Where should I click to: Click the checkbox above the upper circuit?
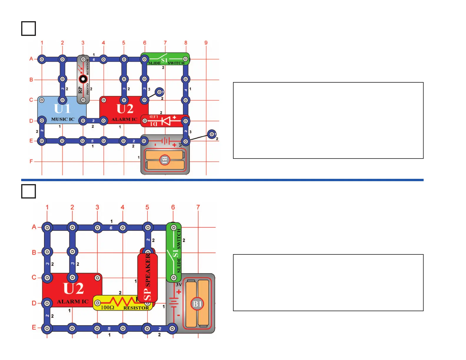[29, 29]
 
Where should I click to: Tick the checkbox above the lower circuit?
[29, 191]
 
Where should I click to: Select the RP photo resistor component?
[83, 79]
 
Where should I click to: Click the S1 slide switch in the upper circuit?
[165, 59]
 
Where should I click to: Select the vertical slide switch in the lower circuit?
[174, 252]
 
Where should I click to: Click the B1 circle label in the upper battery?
[165, 160]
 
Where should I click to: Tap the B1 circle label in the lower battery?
[197, 304]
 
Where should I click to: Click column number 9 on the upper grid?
[206, 43]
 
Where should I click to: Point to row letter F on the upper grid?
[31, 161]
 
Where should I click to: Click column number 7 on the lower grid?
[198, 207]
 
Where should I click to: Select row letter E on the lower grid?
[34, 327]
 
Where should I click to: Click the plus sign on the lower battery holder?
[179, 292]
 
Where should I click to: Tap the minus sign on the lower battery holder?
[179, 315]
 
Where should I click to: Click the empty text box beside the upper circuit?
[328, 121]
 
